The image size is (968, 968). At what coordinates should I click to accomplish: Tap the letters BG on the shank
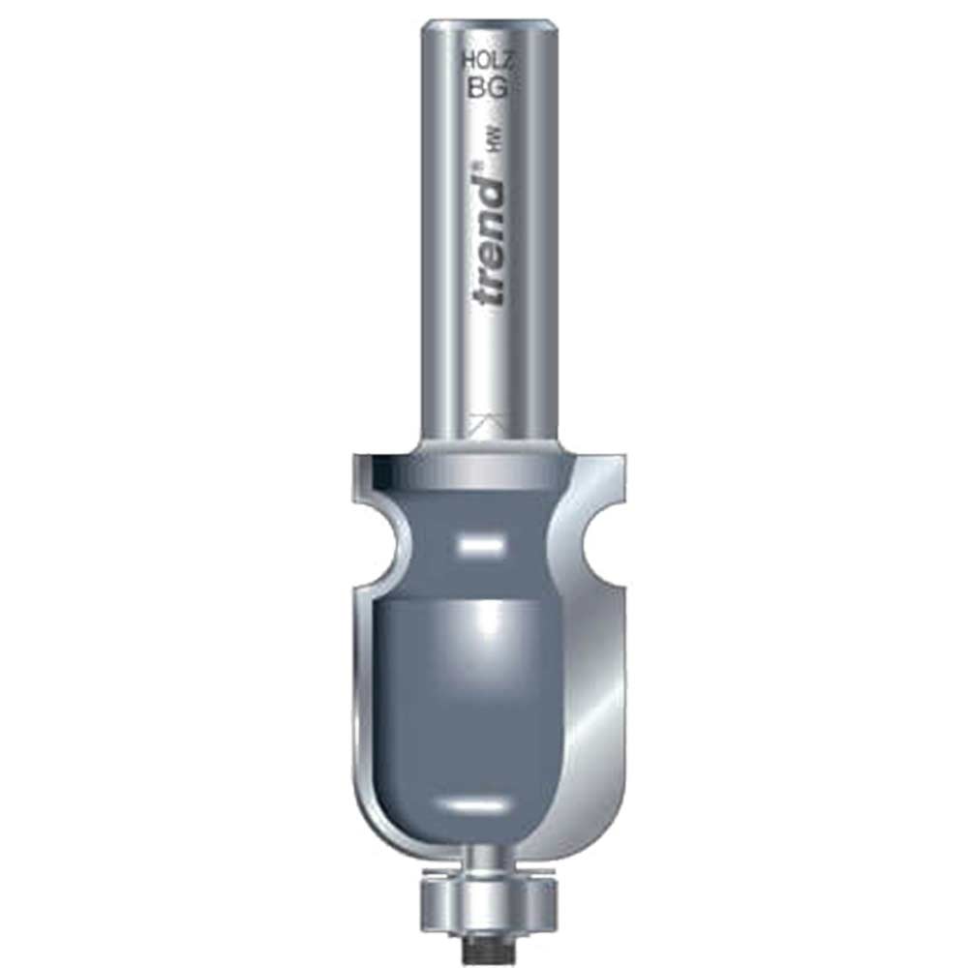coord(488,89)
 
